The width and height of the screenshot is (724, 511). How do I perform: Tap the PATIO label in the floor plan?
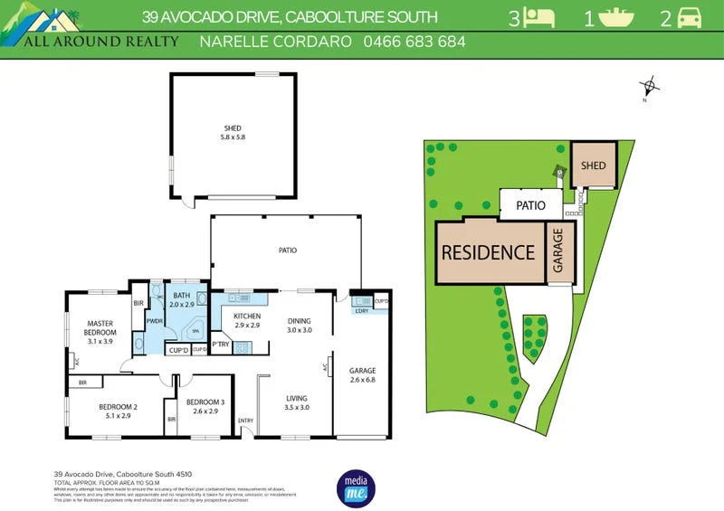287,251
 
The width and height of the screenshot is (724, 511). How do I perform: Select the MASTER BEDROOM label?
100,328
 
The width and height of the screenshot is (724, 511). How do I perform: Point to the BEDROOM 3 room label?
205,407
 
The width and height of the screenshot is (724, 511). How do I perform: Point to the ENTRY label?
245,421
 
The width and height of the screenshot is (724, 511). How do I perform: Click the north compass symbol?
648,89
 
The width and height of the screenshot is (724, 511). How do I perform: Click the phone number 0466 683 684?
414,43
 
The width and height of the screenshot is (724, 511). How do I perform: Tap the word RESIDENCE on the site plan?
488,251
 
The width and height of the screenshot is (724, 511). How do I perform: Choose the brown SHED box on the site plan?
593,166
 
